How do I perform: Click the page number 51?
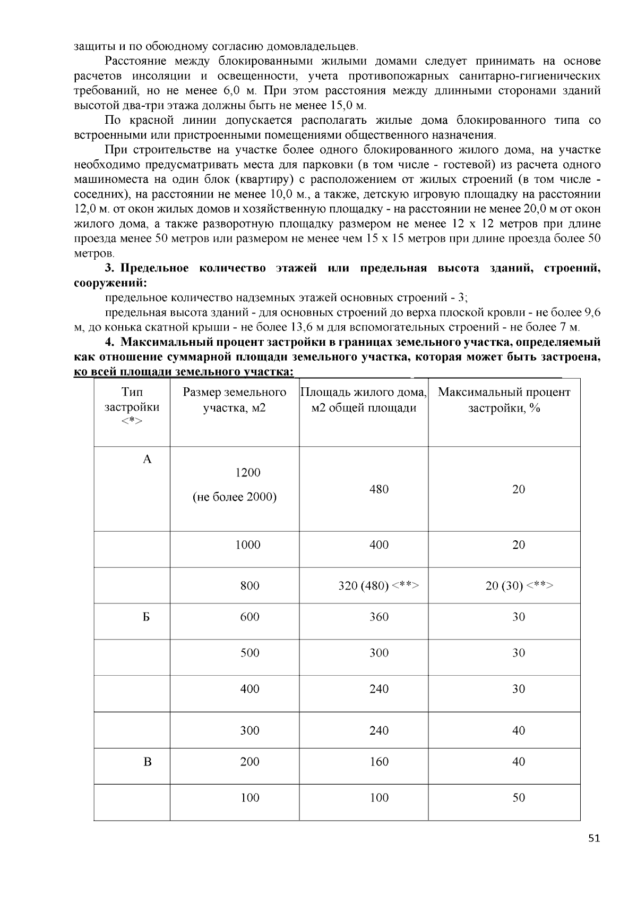click(x=594, y=839)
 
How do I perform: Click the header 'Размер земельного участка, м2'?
click(x=234, y=400)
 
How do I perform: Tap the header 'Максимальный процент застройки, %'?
click(x=504, y=400)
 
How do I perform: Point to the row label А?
click(x=148, y=459)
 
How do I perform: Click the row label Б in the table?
click(x=147, y=617)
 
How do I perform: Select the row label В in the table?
click(x=148, y=762)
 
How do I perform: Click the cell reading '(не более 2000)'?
click(x=234, y=497)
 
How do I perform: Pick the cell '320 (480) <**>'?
click(x=378, y=586)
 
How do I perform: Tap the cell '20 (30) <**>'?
click(x=519, y=586)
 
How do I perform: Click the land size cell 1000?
click(x=248, y=545)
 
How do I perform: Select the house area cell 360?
click(x=379, y=617)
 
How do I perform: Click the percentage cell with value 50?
click(x=519, y=797)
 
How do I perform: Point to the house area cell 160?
click(x=379, y=762)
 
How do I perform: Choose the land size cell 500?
click(x=249, y=653)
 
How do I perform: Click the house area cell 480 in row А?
click(x=379, y=489)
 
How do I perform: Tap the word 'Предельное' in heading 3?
click(x=154, y=268)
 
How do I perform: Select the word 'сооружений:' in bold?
click(x=110, y=283)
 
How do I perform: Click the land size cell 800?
click(x=249, y=586)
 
